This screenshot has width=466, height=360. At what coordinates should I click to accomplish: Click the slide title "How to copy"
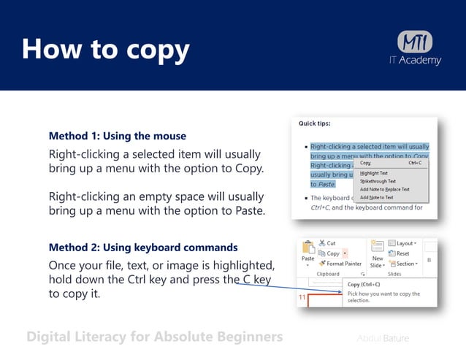[x=106, y=50]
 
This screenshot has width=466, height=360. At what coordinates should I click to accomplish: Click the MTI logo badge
[x=414, y=42]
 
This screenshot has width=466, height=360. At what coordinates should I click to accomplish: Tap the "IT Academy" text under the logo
[x=415, y=61]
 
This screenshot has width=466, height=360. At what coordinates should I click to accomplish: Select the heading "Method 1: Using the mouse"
[x=117, y=136]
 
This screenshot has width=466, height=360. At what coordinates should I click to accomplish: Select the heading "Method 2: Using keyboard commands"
[x=142, y=247]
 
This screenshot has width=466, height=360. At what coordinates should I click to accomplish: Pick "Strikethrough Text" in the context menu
[x=378, y=181]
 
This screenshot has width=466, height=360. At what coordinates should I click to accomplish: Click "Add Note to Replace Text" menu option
[x=385, y=189]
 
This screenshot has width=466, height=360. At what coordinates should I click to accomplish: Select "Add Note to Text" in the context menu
[x=377, y=197]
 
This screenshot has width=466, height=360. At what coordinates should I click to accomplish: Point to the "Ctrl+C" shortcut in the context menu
[x=415, y=164]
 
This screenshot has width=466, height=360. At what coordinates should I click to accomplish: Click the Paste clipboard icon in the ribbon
[x=308, y=250]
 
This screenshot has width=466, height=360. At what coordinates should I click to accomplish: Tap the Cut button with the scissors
[x=326, y=243]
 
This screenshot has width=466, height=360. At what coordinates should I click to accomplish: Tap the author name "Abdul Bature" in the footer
[x=383, y=338]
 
